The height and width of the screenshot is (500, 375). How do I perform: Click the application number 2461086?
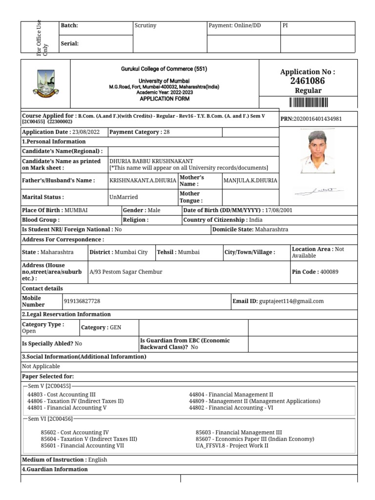click(x=307, y=81)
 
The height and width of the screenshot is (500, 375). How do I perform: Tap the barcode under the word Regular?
click(x=308, y=102)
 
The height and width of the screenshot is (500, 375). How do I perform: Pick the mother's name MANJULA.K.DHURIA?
click(x=250, y=181)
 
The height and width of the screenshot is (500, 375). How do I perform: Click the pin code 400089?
click(x=329, y=272)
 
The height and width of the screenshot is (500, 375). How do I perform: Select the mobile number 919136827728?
click(x=82, y=302)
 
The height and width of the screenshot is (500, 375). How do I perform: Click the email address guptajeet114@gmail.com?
click(x=292, y=302)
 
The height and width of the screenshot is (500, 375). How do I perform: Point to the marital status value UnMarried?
click(x=124, y=197)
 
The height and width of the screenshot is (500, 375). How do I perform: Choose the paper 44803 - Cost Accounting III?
click(x=62, y=395)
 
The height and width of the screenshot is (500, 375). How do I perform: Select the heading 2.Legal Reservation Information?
click(x=66, y=314)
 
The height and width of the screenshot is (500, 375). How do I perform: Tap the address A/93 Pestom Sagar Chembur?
click(x=126, y=272)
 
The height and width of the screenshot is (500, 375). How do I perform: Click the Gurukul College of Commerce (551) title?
click(x=164, y=69)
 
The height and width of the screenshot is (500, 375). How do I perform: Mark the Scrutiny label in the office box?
click(x=145, y=25)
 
